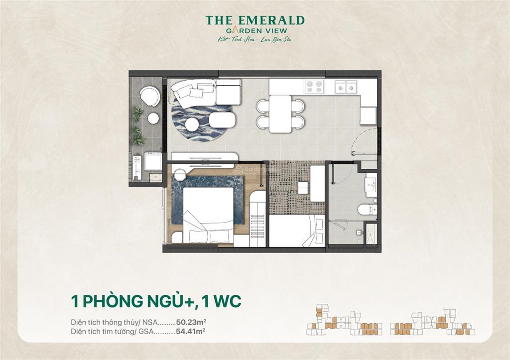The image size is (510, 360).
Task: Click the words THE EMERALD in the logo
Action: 255,20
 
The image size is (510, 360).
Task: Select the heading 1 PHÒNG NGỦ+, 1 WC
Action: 155,302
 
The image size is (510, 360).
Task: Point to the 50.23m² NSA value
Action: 191,322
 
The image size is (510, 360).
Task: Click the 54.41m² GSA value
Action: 191,330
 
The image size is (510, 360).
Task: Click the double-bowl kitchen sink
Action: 347,87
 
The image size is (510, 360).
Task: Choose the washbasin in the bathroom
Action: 371,185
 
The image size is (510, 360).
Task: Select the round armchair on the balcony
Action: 149,96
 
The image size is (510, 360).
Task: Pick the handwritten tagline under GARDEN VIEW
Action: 255,39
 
